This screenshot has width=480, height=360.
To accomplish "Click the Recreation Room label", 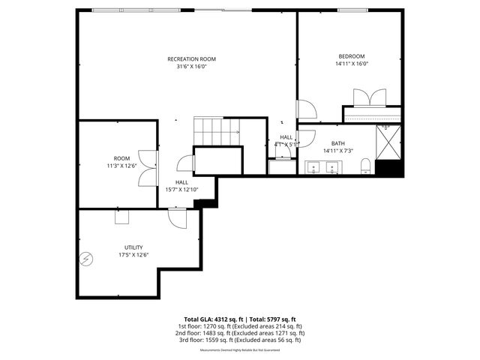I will [191, 58].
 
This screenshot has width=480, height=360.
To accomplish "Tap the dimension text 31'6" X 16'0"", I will [191, 66].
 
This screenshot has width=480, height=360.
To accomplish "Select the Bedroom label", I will [351, 56].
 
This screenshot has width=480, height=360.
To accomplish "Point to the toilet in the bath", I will [365, 166].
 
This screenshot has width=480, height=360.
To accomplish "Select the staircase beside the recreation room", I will [217, 131].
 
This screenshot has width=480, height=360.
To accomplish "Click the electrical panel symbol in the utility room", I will [86, 259].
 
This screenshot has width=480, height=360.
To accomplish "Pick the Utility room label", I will [133, 247].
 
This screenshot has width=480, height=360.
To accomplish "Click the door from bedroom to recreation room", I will [306, 110].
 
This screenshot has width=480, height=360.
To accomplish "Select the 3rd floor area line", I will [239, 340].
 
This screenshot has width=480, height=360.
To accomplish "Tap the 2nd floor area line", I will [239, 333].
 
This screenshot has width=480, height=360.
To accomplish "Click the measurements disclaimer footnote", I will [239, 349].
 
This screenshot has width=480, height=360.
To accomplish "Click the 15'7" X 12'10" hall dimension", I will [181, 190].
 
